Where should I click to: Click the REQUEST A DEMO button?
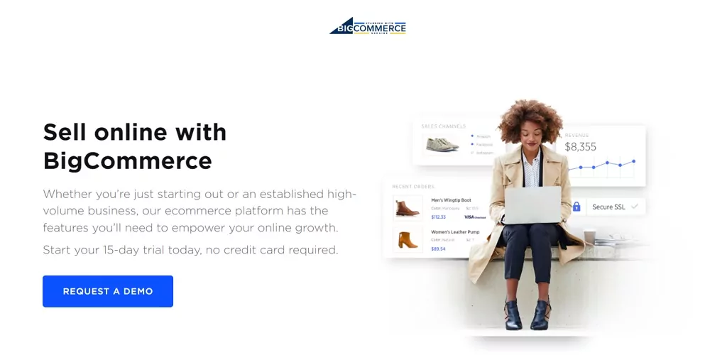pos(108,291)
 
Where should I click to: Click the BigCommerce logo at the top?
pos(368,26)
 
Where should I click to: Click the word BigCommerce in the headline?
pos(128,160)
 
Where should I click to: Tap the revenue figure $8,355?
pos(580,147)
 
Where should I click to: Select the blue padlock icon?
pos(576,207)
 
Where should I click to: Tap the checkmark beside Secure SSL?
pos(635,207)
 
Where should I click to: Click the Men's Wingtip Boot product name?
pos(451,200)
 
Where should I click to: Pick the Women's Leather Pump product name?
pos(455,232)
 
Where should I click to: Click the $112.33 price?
pos(439,217)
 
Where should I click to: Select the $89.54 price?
pos(438,249)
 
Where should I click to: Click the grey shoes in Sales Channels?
pos(442,144)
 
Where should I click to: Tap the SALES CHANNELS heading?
pos(443,126)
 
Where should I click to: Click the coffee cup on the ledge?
pos(589,238)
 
